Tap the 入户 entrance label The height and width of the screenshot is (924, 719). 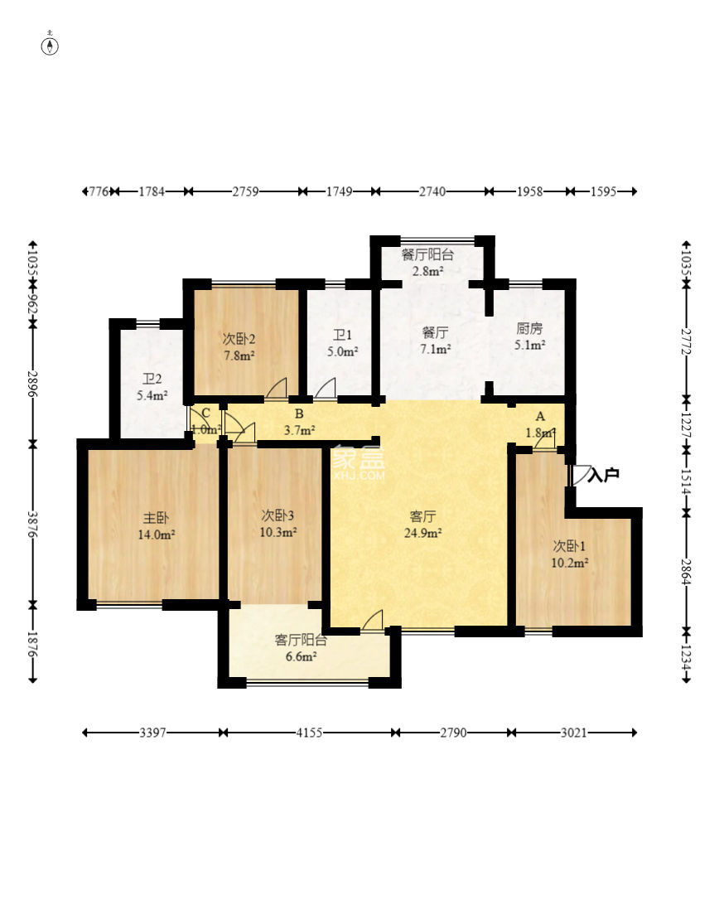604,475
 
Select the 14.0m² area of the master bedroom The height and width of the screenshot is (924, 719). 156,535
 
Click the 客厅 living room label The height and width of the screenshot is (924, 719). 422,517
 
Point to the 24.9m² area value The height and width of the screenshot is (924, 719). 422,534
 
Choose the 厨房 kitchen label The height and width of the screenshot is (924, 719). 528,328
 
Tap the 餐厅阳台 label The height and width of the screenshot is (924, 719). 427,255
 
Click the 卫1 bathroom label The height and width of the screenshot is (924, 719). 343,336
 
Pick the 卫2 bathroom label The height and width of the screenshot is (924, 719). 152,379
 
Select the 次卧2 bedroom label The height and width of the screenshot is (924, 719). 239,340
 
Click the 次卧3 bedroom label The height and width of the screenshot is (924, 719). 277,515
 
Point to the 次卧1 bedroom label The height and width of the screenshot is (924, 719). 569,546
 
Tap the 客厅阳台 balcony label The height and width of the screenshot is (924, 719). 301,640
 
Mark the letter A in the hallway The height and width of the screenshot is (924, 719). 540,417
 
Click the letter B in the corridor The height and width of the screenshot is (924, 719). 299,414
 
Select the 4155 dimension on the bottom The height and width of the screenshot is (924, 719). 309,733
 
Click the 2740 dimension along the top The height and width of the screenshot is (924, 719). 432,191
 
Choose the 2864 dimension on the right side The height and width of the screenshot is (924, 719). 686,572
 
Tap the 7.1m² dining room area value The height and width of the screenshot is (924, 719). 435,349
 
